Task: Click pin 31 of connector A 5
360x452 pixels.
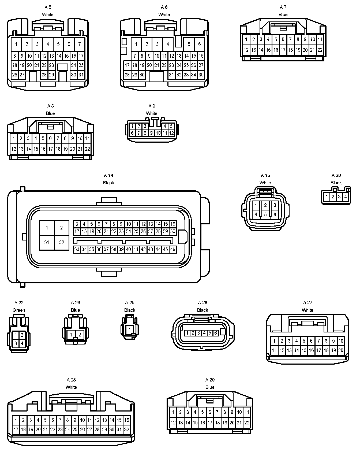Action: [x=81, y=75]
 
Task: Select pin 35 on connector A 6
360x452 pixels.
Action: [x=201, y=75]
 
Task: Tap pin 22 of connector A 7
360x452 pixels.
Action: [x=320, y=50]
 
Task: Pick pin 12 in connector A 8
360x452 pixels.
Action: [x=14, y=149]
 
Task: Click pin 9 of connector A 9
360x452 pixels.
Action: [x=152, y=133]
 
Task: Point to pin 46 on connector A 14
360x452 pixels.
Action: [x=173, y=250]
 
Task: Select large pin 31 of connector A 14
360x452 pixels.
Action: [x=47, y=242]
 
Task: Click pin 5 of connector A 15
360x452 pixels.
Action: [x=265, y=214]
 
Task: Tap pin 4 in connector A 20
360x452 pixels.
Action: [x=346, y=197]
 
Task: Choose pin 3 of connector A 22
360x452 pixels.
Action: [x=16, y=343]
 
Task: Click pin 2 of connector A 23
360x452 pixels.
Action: [x=80, y=334]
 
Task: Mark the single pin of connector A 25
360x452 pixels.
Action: [x=130, y=329]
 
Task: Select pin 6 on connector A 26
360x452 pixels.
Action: [x=216, y=333]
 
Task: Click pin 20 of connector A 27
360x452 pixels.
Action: [x=341, y=350]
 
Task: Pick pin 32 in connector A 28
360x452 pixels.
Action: [x=126, y=429]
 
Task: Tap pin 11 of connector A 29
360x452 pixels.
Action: [x=247, y=412]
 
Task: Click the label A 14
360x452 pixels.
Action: [x=108, y=175]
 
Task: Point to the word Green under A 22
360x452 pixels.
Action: [x=19, y=310]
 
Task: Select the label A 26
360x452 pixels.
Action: [x=202, y=303]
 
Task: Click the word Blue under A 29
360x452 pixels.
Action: [x=210, y=387]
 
